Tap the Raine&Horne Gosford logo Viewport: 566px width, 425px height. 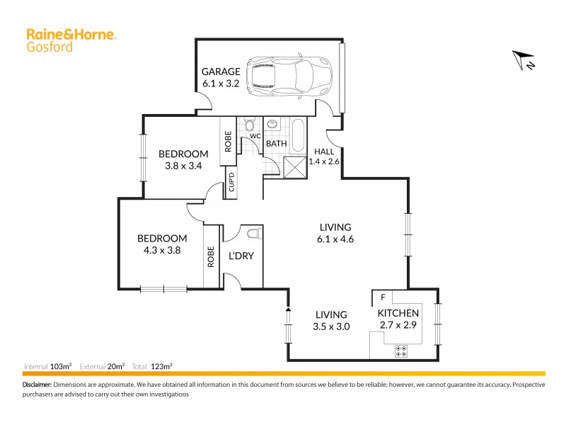(71, 39)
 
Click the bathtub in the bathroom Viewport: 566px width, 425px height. (299, 133)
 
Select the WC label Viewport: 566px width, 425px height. (255, 135)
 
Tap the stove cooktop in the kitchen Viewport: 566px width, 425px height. (401, 351)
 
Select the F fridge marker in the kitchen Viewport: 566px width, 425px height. (382, 297)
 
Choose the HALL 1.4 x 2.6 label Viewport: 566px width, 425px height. (325, 156)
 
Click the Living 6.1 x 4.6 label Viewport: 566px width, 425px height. (335, 233)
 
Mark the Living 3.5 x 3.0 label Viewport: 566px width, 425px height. (331, 320)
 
